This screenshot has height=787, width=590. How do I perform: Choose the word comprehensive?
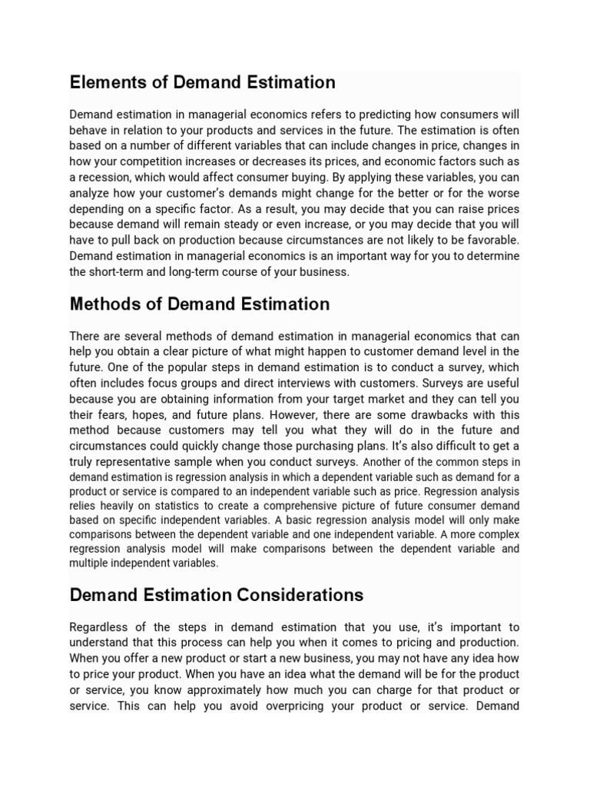click(289, 505)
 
